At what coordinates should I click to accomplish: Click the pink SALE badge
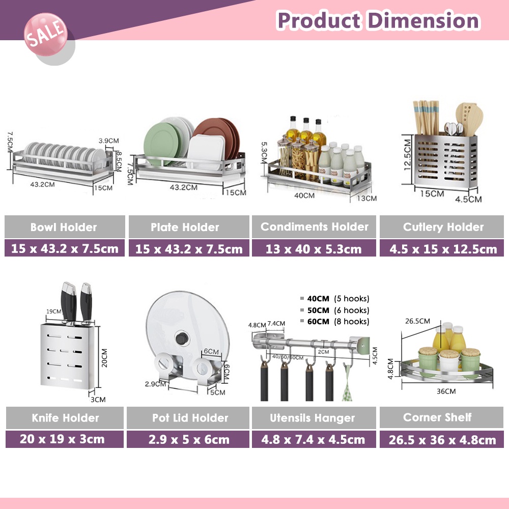[x=46, y=35]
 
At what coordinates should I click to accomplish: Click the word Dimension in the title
[x=423, y=20]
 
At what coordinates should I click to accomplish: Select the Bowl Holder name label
[x=65, y=227]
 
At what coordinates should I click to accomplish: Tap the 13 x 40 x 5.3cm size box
[x=314, y=249]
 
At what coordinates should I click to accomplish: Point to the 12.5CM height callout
[x=407, y=155]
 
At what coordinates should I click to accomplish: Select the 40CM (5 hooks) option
[x=335, y=298]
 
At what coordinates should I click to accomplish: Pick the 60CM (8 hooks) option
[x=335, y=321]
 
